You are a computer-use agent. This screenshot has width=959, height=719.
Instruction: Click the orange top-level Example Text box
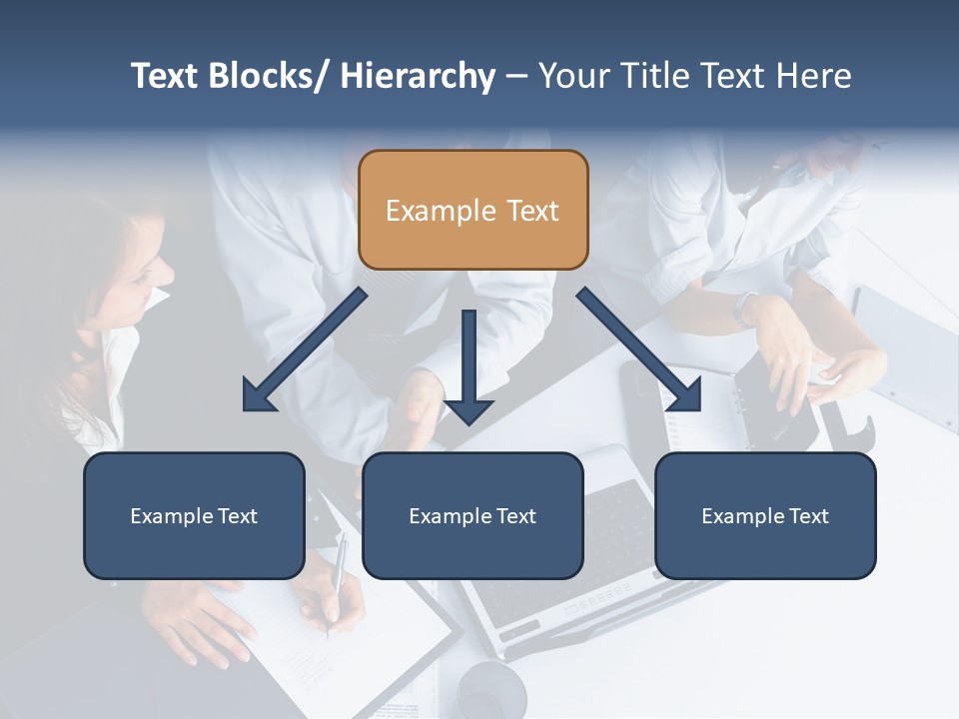[x=473, y=210]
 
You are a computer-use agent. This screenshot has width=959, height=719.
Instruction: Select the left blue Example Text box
[x=194, y=515]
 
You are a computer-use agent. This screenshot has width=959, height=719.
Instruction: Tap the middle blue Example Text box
[x=473, y=515]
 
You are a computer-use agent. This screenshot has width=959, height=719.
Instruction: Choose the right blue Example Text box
[x=765, y=515]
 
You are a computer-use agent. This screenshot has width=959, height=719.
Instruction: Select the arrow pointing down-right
[x=639, y=350]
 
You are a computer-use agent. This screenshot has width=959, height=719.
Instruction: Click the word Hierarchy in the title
[x=418, y=76]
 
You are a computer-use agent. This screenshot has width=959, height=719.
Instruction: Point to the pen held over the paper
[x=337, y=579]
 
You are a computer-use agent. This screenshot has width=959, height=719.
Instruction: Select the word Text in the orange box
[x=530, y=211]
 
